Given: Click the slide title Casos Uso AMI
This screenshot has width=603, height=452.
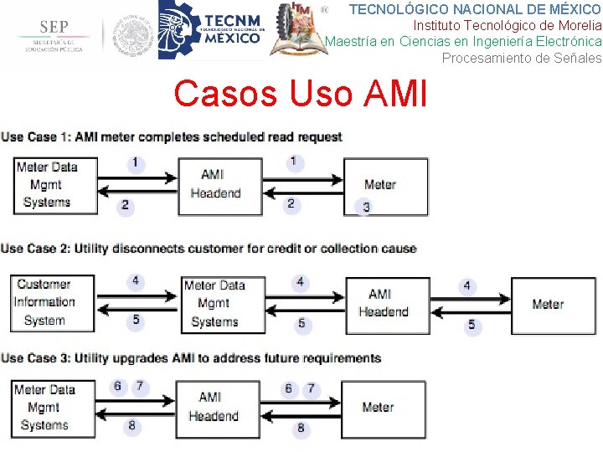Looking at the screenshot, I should tap(300, 94).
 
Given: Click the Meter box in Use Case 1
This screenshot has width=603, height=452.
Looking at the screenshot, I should tap(385, 185).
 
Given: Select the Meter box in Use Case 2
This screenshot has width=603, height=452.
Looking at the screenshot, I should tap(548, 305).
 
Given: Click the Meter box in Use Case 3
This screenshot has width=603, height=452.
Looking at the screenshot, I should tap(378, 408).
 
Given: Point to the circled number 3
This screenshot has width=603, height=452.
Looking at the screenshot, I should tap(366, 207).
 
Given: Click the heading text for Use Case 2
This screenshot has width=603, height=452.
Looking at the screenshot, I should tap(209, 249).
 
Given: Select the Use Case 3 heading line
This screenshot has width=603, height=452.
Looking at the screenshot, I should tap(191, 358).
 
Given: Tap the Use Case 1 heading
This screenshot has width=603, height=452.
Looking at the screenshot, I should tap(172, 136).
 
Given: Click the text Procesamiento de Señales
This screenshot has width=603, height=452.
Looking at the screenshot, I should tap(521, 58).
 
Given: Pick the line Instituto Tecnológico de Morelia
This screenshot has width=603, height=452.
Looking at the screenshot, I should tap(507, 25).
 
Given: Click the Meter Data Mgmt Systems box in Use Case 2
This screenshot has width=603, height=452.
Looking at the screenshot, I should tap(215, 303).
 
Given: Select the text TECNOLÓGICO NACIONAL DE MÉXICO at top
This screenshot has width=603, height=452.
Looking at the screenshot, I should tap(475, 9).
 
